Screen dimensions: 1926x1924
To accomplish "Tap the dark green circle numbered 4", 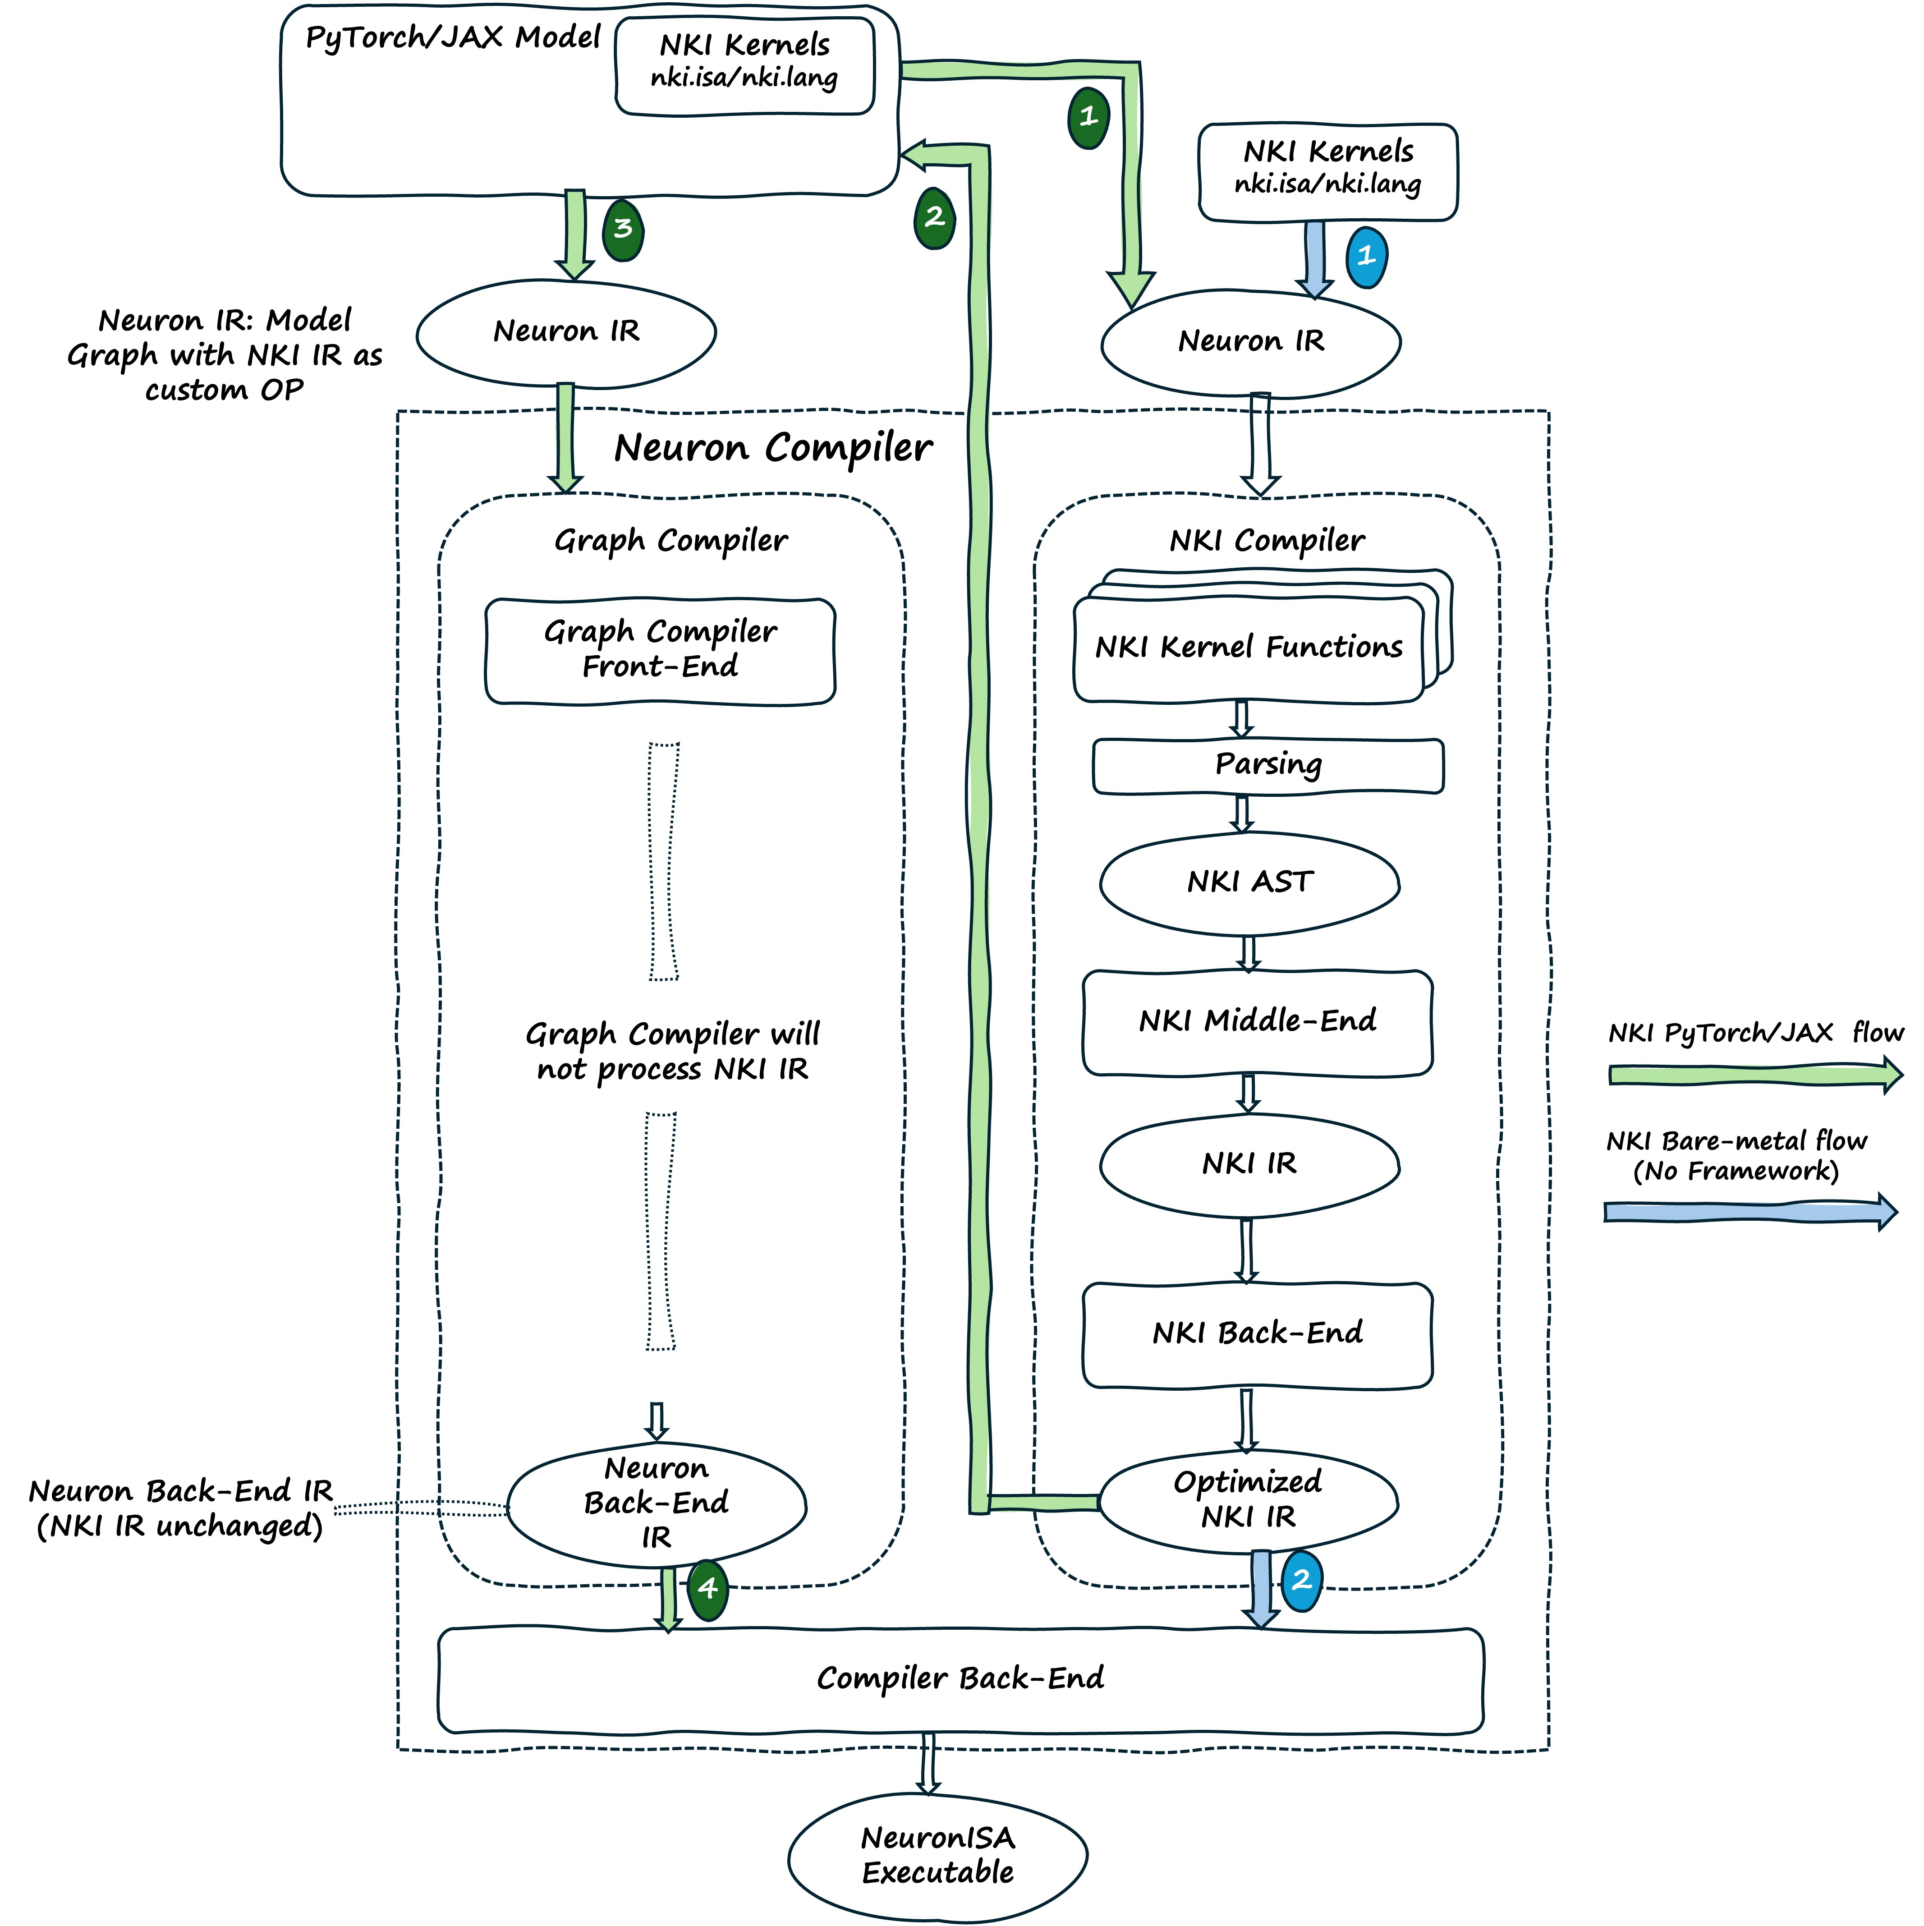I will [x=708, y=1588].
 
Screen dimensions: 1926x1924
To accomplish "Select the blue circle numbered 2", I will [x=1301, y=1580].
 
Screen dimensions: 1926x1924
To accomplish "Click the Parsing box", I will [x=1268, y=766].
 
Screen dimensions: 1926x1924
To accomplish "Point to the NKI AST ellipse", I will [x=1250, y=882].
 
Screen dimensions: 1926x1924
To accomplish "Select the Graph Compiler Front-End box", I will [x=660, y=650].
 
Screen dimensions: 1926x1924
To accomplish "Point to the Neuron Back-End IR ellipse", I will [x=656, y=1503].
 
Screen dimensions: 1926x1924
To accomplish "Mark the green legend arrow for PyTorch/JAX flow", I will [x=1754, y=1075].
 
